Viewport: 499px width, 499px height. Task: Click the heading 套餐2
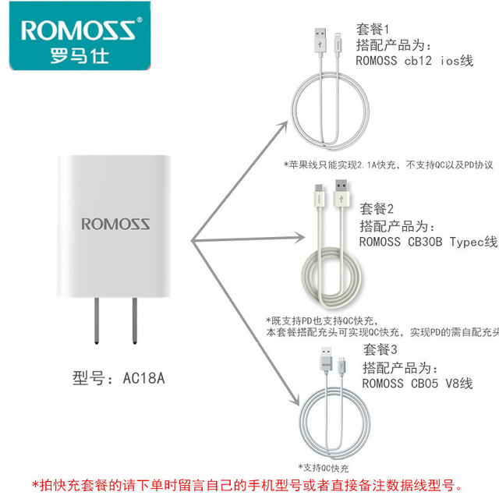(x=377, y=209)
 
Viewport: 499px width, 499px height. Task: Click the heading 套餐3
(x=380, y=349)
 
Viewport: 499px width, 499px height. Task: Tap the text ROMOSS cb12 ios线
(x=414, y=61)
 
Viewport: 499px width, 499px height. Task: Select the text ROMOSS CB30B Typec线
(x=428, y=242)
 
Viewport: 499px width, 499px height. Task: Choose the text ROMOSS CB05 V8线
(x=418, y=383)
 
